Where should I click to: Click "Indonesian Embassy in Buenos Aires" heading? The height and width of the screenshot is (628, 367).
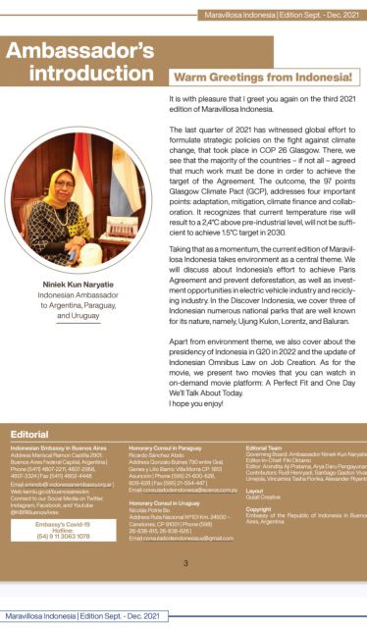(53, 446)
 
